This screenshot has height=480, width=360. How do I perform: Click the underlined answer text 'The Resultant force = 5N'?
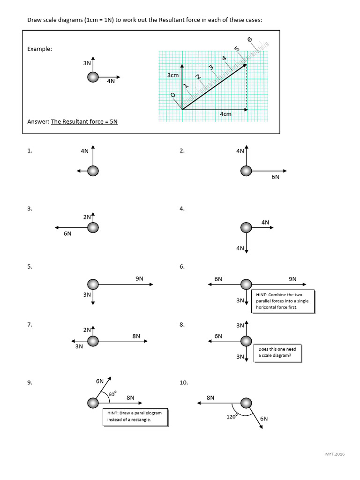84,121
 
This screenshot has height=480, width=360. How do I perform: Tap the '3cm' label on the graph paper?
173,75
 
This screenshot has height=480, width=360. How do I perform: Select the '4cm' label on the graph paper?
225,114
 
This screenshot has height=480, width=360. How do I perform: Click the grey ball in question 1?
93,171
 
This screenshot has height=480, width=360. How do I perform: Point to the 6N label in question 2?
275,177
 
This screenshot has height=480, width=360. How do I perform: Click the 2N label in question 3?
87,217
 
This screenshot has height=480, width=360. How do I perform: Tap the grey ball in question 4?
246,228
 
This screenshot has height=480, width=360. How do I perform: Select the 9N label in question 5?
139,278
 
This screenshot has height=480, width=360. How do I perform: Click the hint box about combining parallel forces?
284,301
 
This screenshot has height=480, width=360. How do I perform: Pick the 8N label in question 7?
136,336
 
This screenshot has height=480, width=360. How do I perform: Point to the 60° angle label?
112,394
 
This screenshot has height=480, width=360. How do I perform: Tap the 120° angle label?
232,416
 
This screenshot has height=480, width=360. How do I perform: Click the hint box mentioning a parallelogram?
135,416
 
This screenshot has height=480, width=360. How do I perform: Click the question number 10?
183,383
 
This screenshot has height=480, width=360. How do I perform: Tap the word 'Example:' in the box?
39,49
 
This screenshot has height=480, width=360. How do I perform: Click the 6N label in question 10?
264,418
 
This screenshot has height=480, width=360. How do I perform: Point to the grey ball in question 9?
93,403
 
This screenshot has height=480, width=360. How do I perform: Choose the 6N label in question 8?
218,336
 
